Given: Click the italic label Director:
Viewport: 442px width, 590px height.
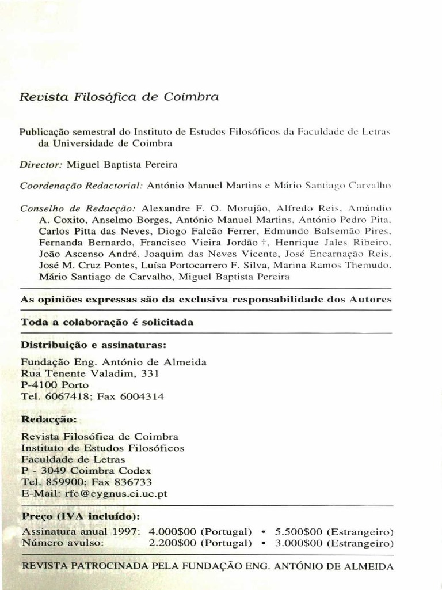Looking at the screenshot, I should [x=41, y=164].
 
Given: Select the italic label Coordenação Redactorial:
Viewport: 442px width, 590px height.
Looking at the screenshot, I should [x=81, y=186].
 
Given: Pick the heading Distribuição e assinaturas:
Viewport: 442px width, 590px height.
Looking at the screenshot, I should [x=93, y=345].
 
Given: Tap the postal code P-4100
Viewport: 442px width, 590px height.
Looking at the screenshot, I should [x=40, y=385].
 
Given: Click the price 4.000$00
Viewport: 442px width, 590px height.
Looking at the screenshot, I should [x=172, y=531].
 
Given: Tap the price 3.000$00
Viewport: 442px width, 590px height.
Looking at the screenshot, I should [x=299, y=543].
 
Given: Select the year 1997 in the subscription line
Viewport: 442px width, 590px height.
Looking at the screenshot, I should [x=127, y=531].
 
